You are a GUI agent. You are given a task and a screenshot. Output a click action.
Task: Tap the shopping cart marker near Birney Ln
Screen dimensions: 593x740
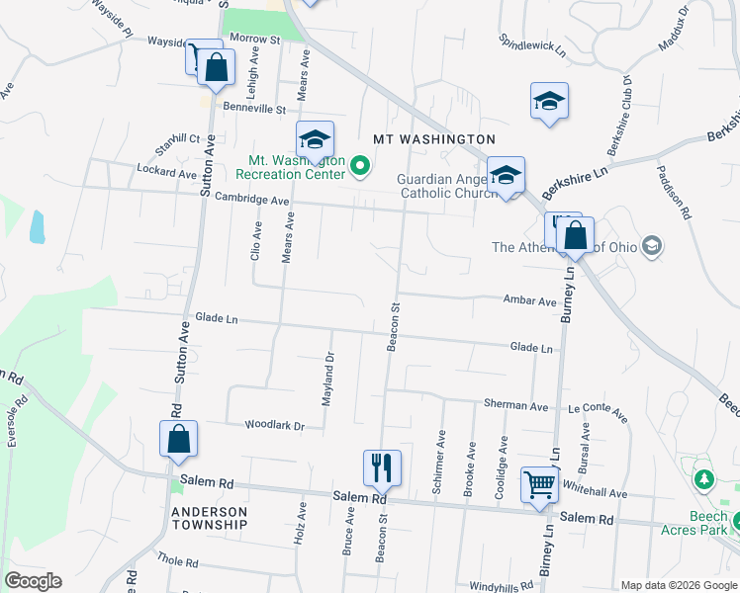(539, 484)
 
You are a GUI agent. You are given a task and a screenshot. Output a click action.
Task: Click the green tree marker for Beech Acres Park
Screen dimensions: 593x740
(703, 480)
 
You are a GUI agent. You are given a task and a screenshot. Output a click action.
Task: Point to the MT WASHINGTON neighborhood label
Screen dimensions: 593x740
(433, 139)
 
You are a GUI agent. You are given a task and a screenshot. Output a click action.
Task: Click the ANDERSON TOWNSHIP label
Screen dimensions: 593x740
(209, 518)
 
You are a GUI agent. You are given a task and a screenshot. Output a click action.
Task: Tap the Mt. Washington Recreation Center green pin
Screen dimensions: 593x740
(360, 166)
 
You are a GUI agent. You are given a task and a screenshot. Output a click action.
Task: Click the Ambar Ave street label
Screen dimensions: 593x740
(529, 300)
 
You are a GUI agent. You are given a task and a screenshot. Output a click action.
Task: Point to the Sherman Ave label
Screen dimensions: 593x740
(515, 406)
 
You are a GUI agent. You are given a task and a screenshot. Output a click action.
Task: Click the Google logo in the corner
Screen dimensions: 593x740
(33, 581)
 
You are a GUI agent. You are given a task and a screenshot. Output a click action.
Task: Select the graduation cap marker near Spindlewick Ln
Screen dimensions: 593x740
(549, 101)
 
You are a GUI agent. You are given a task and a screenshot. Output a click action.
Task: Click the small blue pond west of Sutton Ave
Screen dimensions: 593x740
(38, 227)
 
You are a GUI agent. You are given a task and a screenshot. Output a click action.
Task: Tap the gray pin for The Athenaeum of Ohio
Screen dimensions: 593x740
(651, 245)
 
